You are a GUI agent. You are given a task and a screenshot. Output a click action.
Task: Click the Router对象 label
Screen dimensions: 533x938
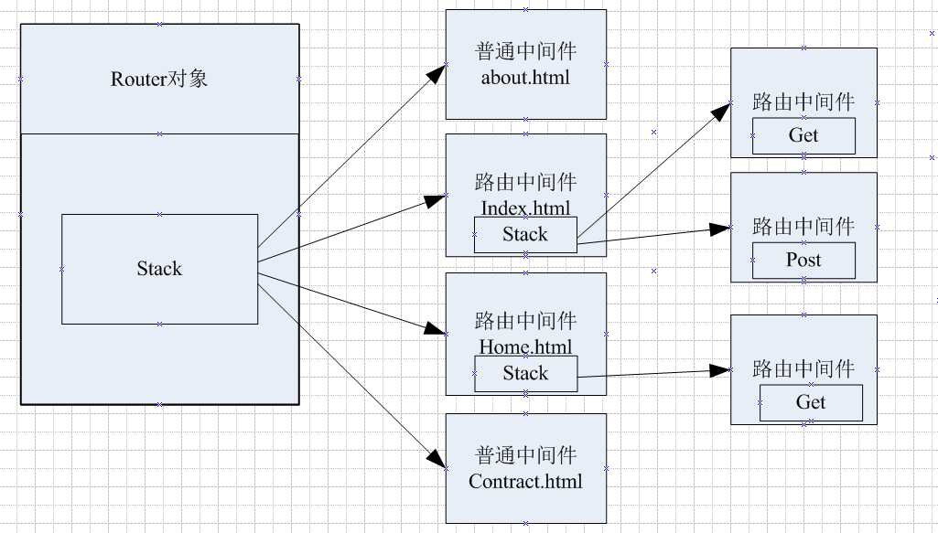click(159, 79)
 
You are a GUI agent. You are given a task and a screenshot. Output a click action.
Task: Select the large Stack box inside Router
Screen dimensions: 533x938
click(159, 269)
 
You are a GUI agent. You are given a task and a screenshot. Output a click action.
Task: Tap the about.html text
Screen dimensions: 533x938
click(525, 77)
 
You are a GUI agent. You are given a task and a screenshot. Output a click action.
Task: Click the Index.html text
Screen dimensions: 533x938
click(525, 208)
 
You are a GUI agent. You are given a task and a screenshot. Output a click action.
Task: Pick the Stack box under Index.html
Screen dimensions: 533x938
click(525, 235)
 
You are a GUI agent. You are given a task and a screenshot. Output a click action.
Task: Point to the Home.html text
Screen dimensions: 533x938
click(525, 347)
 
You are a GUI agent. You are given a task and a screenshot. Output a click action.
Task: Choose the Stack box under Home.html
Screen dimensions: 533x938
click(525, 374)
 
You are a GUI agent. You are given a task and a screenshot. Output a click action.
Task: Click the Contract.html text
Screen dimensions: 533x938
click(525, 481)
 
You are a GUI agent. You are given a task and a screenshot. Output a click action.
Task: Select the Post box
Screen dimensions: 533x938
click(803, 261)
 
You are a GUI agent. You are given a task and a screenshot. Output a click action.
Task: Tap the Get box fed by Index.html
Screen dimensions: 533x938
click(803, 135)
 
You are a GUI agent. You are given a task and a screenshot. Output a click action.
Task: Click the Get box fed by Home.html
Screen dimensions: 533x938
click(811, 403)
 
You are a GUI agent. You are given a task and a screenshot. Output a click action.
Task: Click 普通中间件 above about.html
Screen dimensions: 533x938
click(525, 51)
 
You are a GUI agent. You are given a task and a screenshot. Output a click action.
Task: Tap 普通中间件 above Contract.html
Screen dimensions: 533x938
click(525, 455)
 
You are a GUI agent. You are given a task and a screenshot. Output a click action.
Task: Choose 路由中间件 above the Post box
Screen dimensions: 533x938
click(803, 226)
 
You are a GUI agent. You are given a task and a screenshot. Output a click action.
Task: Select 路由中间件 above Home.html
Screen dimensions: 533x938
click(525, 321)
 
